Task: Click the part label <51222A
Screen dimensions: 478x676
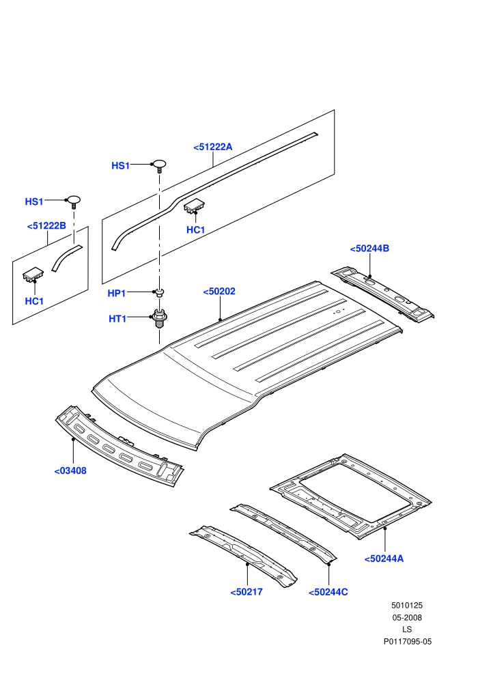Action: [x=213, y=147]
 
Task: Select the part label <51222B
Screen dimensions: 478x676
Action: [x=46, y=226]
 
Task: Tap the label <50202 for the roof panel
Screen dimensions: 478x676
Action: [x=219, y=292]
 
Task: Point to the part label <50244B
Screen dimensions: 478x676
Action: [x=369, y=249]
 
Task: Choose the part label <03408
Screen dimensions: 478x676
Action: [x=70, y=470]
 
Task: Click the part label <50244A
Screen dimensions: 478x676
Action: [x=384, y=559]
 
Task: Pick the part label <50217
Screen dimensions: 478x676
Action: [x=247, y=592]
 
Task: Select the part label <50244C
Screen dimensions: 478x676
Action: [x=328, y=593]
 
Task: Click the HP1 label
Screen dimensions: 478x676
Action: [x=116, y=294]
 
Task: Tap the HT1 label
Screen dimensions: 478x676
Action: [x=117, y=319]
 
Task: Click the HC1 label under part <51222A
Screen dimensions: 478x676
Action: [x=196, y=230]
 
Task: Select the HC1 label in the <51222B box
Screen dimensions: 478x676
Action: [x=34, y=301]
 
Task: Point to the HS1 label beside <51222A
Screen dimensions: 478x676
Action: [x=121, y=166]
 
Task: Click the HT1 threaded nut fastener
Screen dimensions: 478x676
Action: [x=160, y=318]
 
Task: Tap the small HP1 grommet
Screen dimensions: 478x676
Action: [x=160, y=293]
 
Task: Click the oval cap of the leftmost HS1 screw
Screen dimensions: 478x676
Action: [x=73, y=199]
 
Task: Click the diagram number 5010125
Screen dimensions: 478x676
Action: [x=407, y=606]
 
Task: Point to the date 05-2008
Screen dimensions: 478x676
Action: [x=407, y=618]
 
